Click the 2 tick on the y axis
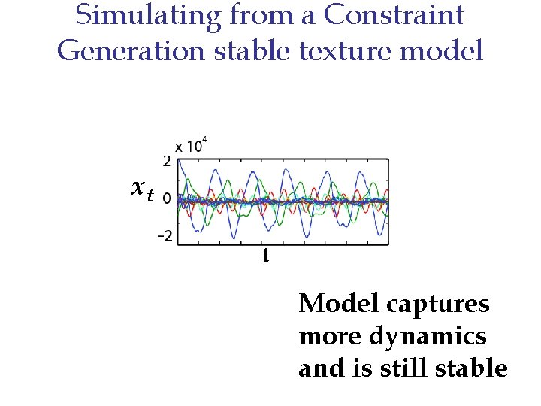(x=166, y=161)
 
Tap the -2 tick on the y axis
(x=164, y=236)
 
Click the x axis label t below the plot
(x=265, y=256)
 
